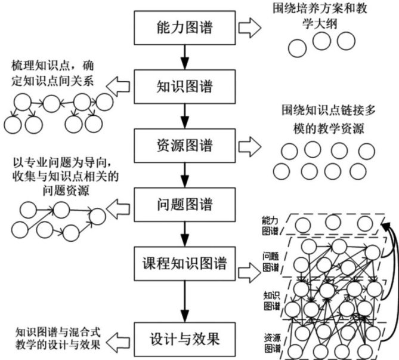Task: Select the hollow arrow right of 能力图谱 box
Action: click(x=250, y=28)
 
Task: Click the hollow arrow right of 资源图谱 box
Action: click(x=250, y=145)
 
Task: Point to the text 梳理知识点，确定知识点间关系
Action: click(x=54, y=73)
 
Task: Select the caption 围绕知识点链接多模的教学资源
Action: click(x=321, y=120)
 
